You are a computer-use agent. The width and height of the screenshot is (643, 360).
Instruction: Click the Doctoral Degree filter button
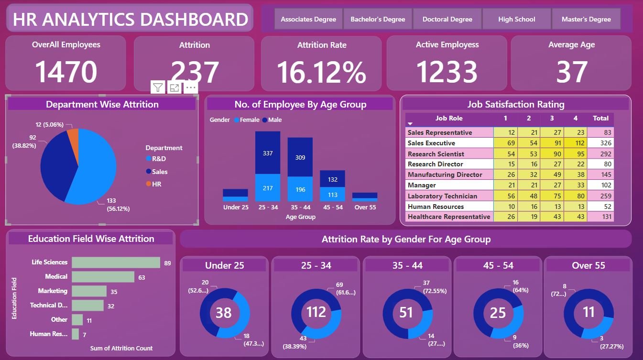tap(447, 20)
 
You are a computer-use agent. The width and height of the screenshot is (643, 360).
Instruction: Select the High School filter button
tap(516, 20)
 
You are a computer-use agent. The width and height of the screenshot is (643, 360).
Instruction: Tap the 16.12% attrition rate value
tap(321, 72)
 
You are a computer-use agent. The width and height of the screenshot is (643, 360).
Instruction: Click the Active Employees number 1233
tap(447, 72)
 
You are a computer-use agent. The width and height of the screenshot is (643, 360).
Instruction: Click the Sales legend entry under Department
tap(160, 172)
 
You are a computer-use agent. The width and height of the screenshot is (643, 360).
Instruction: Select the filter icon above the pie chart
tap(158, 87)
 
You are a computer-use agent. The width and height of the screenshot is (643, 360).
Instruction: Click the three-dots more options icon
tap(190, 87)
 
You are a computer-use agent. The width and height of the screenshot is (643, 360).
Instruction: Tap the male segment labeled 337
tap(268, 153)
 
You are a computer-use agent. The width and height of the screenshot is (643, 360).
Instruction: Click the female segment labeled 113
tap(332, 195)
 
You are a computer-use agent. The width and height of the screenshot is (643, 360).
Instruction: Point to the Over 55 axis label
tap(364, 207)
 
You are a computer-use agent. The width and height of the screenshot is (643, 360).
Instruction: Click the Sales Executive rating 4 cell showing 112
tap(575, 143)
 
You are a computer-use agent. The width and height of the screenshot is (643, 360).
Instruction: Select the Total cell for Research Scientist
tap(600, 154)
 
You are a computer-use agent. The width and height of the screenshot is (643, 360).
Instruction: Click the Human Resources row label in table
tap(436, 207)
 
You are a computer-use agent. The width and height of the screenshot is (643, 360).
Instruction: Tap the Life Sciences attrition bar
tap(116, 262)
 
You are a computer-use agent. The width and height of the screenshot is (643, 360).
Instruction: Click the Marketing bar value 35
tap(114, 291)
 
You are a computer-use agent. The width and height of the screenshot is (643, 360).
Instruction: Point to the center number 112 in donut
tap(316, 312)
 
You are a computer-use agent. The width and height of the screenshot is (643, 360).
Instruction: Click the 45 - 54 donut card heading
tap(498, 265)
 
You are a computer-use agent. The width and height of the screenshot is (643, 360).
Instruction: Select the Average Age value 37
tap(572, 72)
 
